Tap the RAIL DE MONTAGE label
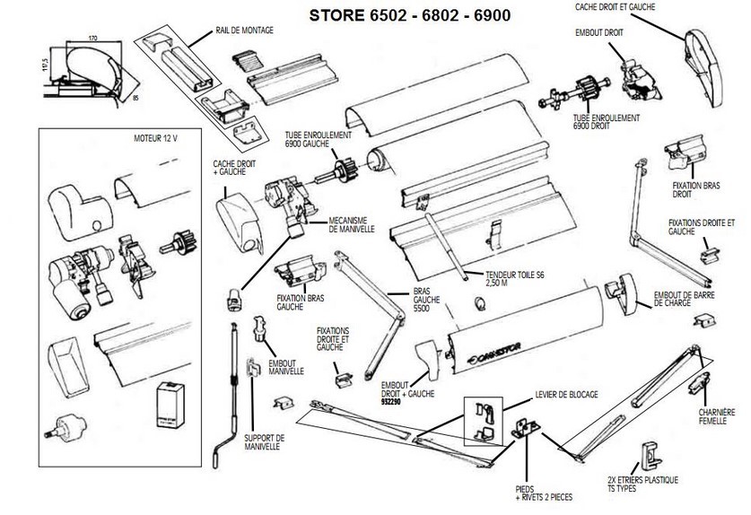tap(244, 30)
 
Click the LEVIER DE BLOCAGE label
tap(565, 395)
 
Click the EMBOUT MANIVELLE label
tap(285, 366)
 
